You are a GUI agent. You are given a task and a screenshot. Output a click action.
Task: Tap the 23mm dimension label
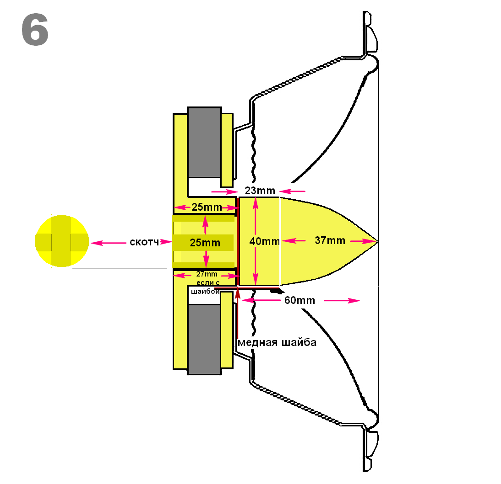click(260, 191)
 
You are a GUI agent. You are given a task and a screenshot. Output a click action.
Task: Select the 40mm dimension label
click(264, 241)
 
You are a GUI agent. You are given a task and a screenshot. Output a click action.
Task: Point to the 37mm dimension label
click(330, 240)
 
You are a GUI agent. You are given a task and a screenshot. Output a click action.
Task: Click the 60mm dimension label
click(300, 300)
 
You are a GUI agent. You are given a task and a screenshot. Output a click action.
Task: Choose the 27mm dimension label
click(207, 274)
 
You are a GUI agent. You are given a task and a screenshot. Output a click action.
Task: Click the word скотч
click(143, 242)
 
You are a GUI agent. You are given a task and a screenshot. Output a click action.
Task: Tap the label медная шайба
click(277, 342)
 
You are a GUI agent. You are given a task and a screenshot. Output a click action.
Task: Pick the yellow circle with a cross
click(62, 241)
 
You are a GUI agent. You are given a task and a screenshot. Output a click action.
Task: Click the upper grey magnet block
click(204, 142)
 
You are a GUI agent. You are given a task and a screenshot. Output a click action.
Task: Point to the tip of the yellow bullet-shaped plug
click(376, 241)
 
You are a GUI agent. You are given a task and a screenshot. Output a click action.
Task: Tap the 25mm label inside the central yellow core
click(205, 243)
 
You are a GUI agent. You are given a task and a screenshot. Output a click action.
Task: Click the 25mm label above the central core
click(207, 207)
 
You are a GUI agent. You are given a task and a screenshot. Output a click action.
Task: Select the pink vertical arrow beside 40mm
click(256, 241)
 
